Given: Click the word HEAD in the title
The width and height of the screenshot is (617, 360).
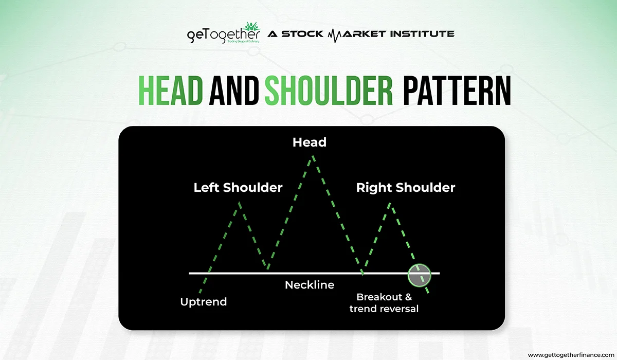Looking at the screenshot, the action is click(171, 91).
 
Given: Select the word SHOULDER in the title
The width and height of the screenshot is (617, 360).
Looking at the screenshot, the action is click(329, 91).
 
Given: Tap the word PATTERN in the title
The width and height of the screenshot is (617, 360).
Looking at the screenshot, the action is click(457, 91).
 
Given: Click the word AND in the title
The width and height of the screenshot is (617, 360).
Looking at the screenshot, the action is click(233, 91).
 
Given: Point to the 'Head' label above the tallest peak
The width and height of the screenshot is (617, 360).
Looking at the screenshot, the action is click(310, 142).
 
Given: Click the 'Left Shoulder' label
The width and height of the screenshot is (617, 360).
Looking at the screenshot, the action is click(238, 188).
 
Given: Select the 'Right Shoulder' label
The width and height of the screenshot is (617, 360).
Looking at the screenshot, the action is click(406, 188).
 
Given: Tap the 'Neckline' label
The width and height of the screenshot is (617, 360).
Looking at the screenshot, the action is click(310, 285).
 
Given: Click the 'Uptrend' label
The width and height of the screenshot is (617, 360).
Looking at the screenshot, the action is click(204, 302).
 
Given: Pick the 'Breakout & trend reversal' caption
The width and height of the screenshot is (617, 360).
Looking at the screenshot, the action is click(384, 303).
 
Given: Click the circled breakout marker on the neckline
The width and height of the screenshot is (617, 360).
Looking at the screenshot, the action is click(419, 276).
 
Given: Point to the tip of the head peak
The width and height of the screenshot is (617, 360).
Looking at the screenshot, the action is click(313, 156).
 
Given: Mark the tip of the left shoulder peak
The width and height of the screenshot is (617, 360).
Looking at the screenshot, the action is click(240, 203).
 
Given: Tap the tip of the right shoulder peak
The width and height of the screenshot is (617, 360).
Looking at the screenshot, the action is click(390, 204).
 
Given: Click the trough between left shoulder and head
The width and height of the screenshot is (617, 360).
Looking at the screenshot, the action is click(268, 268).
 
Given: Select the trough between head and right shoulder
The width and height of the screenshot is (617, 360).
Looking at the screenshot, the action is click(362, 274).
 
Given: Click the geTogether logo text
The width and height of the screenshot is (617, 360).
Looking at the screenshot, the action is click(223, 36).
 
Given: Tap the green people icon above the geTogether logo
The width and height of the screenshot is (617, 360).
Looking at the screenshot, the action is click(252, 27).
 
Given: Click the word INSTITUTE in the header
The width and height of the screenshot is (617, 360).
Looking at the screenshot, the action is click(422, 34).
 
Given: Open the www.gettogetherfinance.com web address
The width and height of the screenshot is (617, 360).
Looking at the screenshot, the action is click(571, 355).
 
